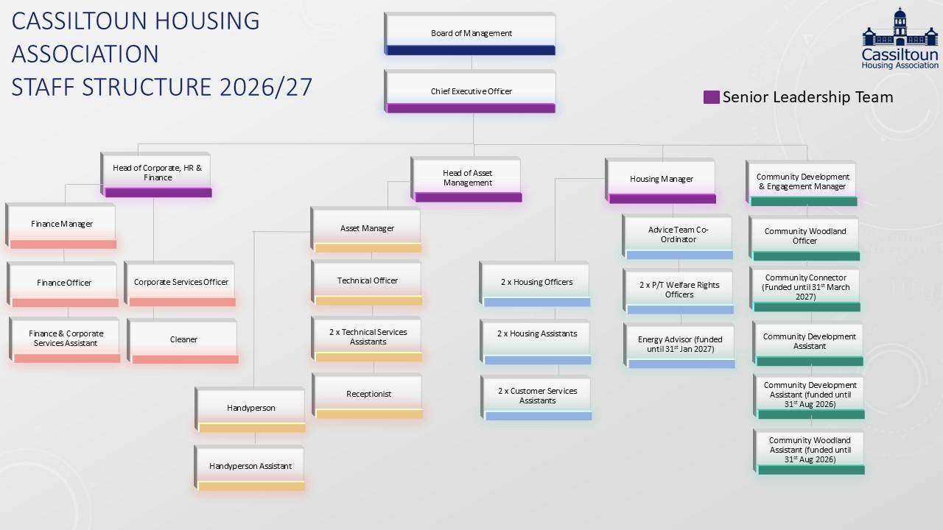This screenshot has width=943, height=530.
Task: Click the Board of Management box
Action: point(470,34)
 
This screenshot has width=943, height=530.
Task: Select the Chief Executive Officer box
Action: point(470,92)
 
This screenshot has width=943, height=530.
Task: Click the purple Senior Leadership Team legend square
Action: point(711,97)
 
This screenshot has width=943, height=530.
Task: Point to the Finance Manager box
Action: point(62,225)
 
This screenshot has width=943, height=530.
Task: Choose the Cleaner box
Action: point(183,340)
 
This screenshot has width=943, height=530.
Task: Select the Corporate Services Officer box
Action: point(180,283)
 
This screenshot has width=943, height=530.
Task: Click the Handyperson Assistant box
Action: point(250,467)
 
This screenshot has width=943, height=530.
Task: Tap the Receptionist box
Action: point(368,395)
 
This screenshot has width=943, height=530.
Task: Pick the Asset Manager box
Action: point(366,229)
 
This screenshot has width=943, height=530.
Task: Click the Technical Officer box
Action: point(367,281)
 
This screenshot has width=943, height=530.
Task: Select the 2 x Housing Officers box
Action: point(536,283)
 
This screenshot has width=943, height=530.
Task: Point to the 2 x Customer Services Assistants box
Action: point(537,396)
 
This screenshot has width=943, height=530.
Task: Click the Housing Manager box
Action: point(661,180)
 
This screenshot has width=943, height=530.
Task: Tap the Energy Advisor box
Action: point(680,344)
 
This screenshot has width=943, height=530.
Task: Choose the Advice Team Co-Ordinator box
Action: point(678,235)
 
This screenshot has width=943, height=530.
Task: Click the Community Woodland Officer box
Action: point(804,236)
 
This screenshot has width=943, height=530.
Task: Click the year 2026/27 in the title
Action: point(266,87)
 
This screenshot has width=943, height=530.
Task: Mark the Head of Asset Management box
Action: point(467,178)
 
